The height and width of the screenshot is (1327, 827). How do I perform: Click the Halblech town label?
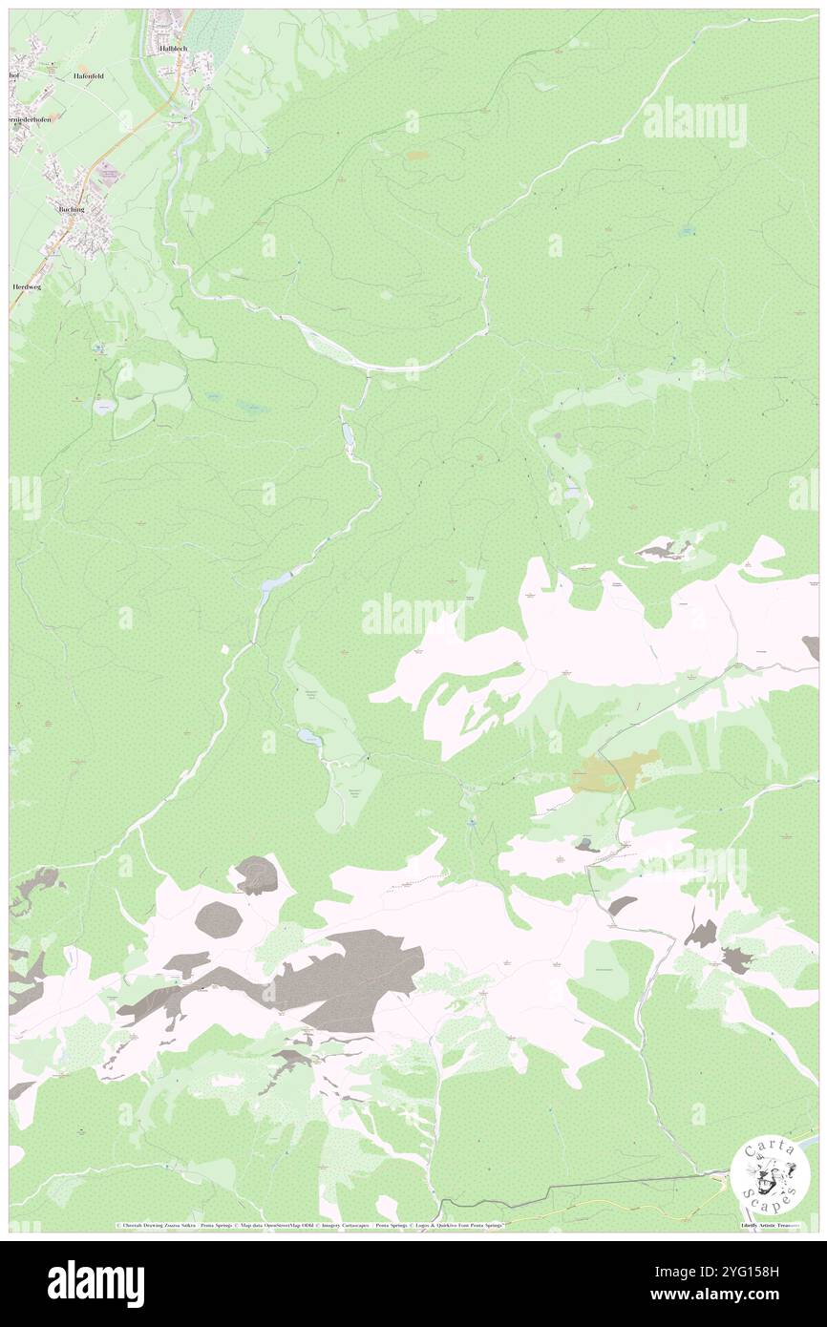[174, 47]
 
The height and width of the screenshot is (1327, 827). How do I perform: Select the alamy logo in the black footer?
[95, 1283]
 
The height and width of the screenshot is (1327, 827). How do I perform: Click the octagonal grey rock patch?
[218, 919]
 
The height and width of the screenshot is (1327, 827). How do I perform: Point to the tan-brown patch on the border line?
[615, 770]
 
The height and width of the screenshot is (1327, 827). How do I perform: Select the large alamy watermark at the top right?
[694, 121]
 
